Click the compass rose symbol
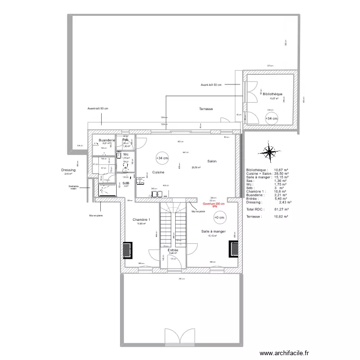click(270, 153)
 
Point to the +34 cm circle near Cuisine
click(162, 158)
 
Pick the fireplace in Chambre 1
click(127, 250)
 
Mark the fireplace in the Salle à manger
click(233, 249)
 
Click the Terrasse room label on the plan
click(206, 109)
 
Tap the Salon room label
click(212, 161)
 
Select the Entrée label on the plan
click(173, 250)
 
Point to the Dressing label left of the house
click(68, 170)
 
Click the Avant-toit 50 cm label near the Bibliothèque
click(211, 85)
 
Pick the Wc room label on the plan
click(126, 155)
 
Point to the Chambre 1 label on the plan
click(142, 219)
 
